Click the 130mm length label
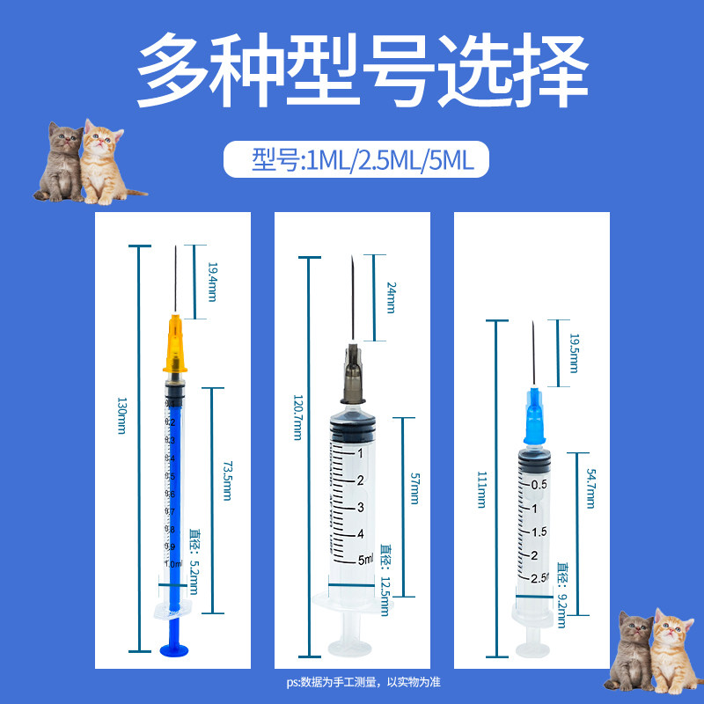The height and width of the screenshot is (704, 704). (x=121, y=415)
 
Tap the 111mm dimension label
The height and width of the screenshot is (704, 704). (x=481, y=489)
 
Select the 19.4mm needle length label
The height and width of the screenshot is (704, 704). (x=211, y=281)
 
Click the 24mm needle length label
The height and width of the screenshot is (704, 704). (x=392, y=297)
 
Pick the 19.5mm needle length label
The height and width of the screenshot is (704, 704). (x=573, y=352)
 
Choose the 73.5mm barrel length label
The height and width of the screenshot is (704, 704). (x=226, y=480)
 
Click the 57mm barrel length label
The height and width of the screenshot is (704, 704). (x=415, y=489)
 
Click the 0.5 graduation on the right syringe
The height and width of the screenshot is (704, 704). (x=539, y=484)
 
